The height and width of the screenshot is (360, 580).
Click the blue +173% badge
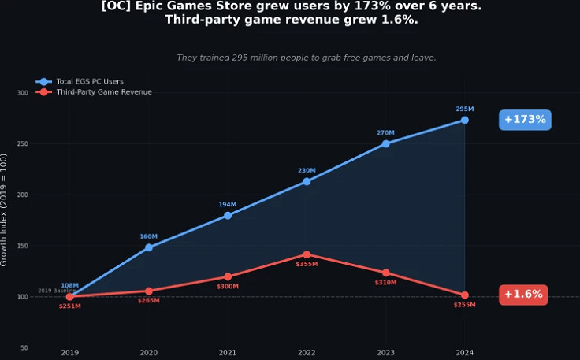pos(525,120)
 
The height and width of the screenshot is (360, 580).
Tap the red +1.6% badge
pos(523,295)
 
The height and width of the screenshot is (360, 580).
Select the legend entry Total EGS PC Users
pos(89,81)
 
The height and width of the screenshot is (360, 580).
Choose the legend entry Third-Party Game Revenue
pos(103,92)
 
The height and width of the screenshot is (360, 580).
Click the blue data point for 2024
pos(465,121)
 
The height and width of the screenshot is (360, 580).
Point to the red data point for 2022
pos(307,254)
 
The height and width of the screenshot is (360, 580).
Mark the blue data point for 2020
pos(148,247)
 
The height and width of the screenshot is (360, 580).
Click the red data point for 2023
pos(385,273)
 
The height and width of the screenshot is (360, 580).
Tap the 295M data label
pos(465,109)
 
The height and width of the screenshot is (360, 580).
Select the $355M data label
pos(307,265)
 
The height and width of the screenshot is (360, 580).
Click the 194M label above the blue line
pos(228,205)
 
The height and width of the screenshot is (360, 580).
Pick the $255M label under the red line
pos(464,305)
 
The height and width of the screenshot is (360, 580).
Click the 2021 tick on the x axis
pos(228,353)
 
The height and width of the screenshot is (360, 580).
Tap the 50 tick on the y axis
pos(24,347)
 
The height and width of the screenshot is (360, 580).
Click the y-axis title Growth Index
pos(5,210)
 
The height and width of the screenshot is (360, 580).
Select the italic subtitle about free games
pos(306,58)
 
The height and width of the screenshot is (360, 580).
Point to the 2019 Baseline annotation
pos(56,291)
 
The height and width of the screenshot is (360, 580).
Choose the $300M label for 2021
pos(228,287)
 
